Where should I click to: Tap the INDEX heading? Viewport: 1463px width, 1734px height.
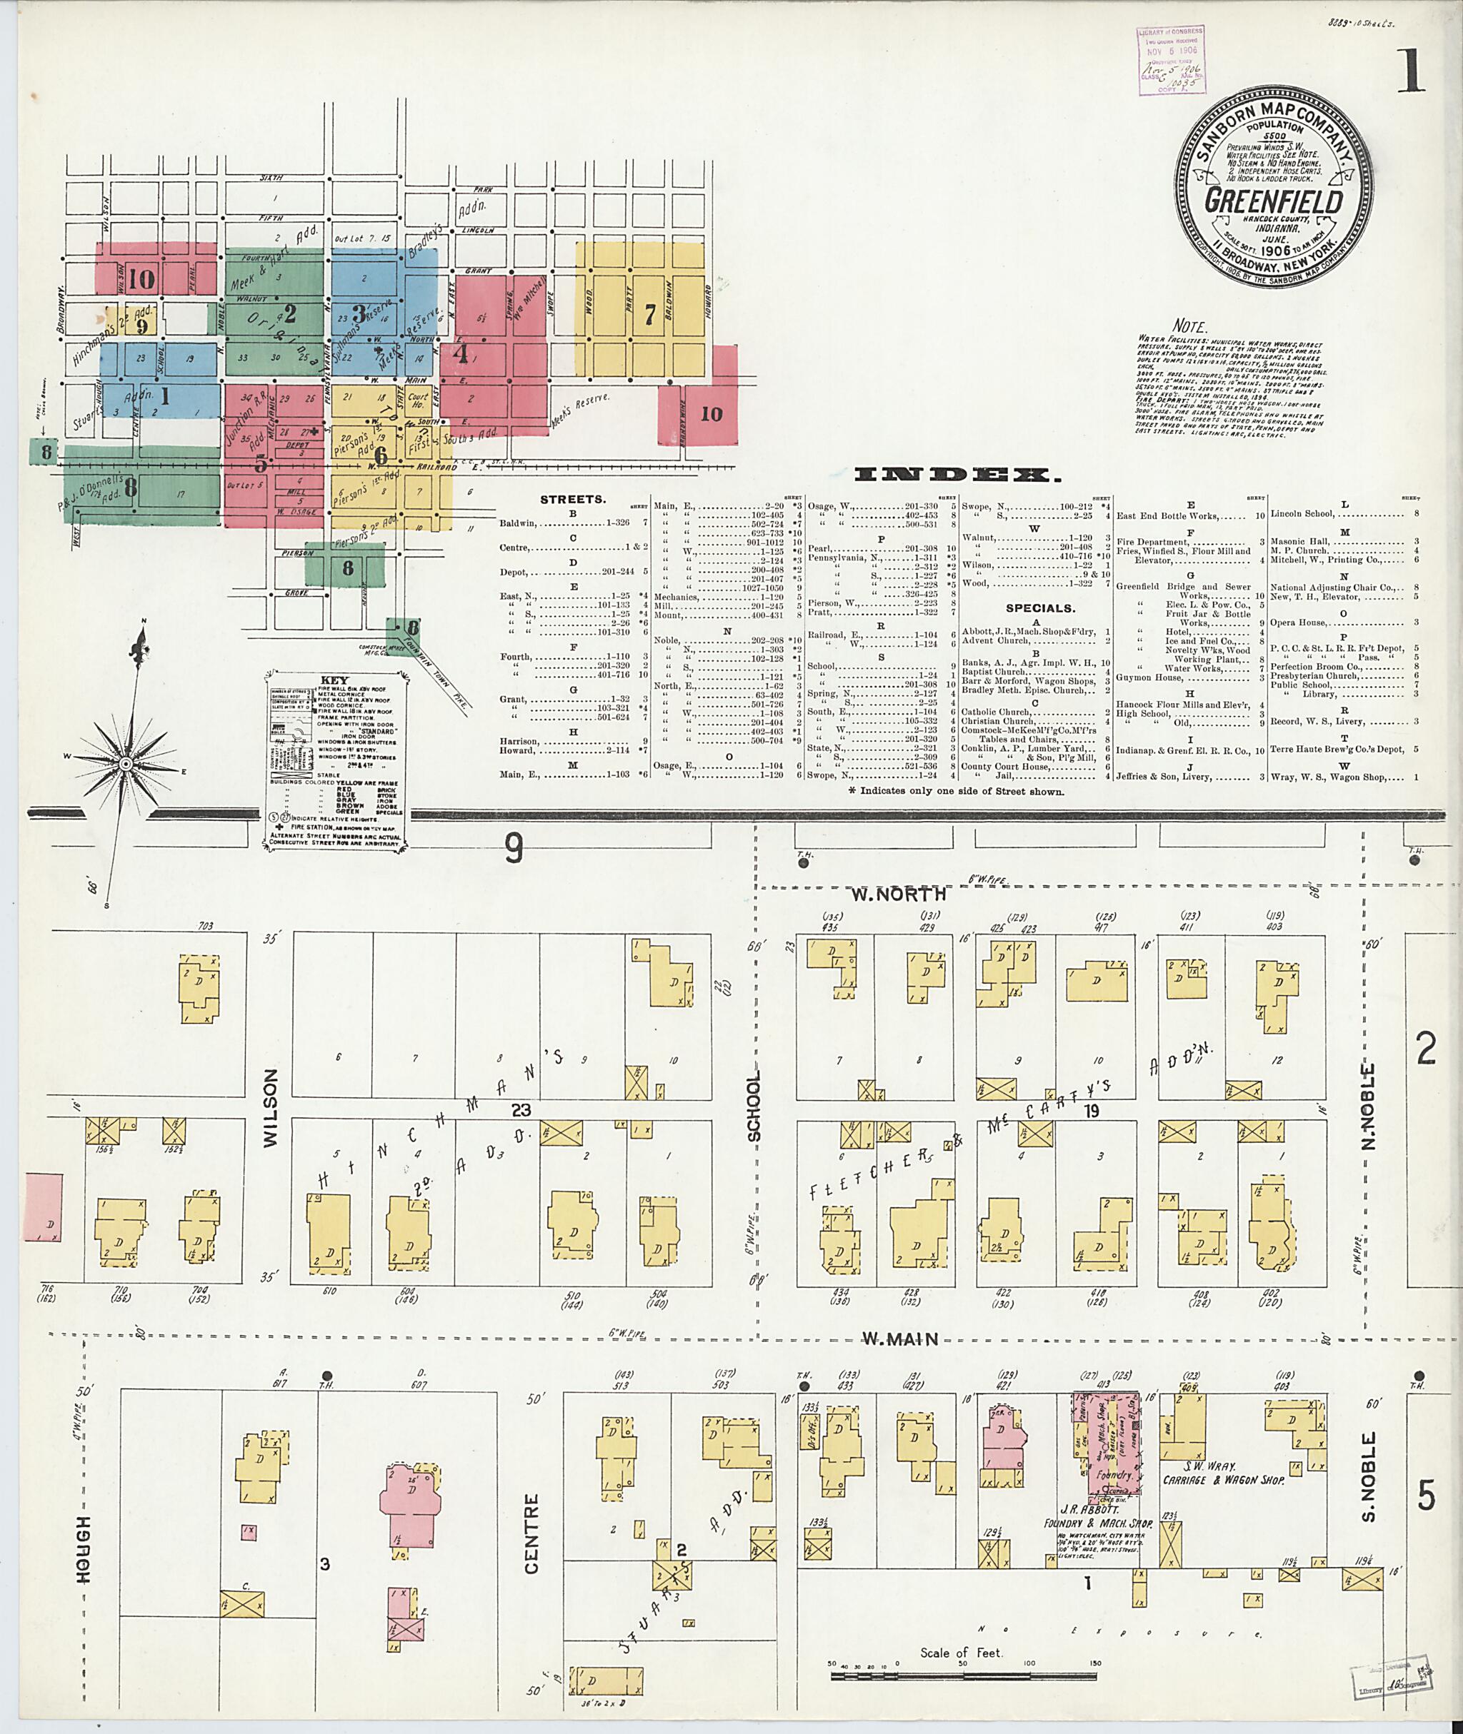tap(957, 475)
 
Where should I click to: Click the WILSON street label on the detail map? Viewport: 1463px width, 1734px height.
tap(269, 1118)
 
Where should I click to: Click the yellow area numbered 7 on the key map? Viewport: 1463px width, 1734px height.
tap(649, 318)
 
